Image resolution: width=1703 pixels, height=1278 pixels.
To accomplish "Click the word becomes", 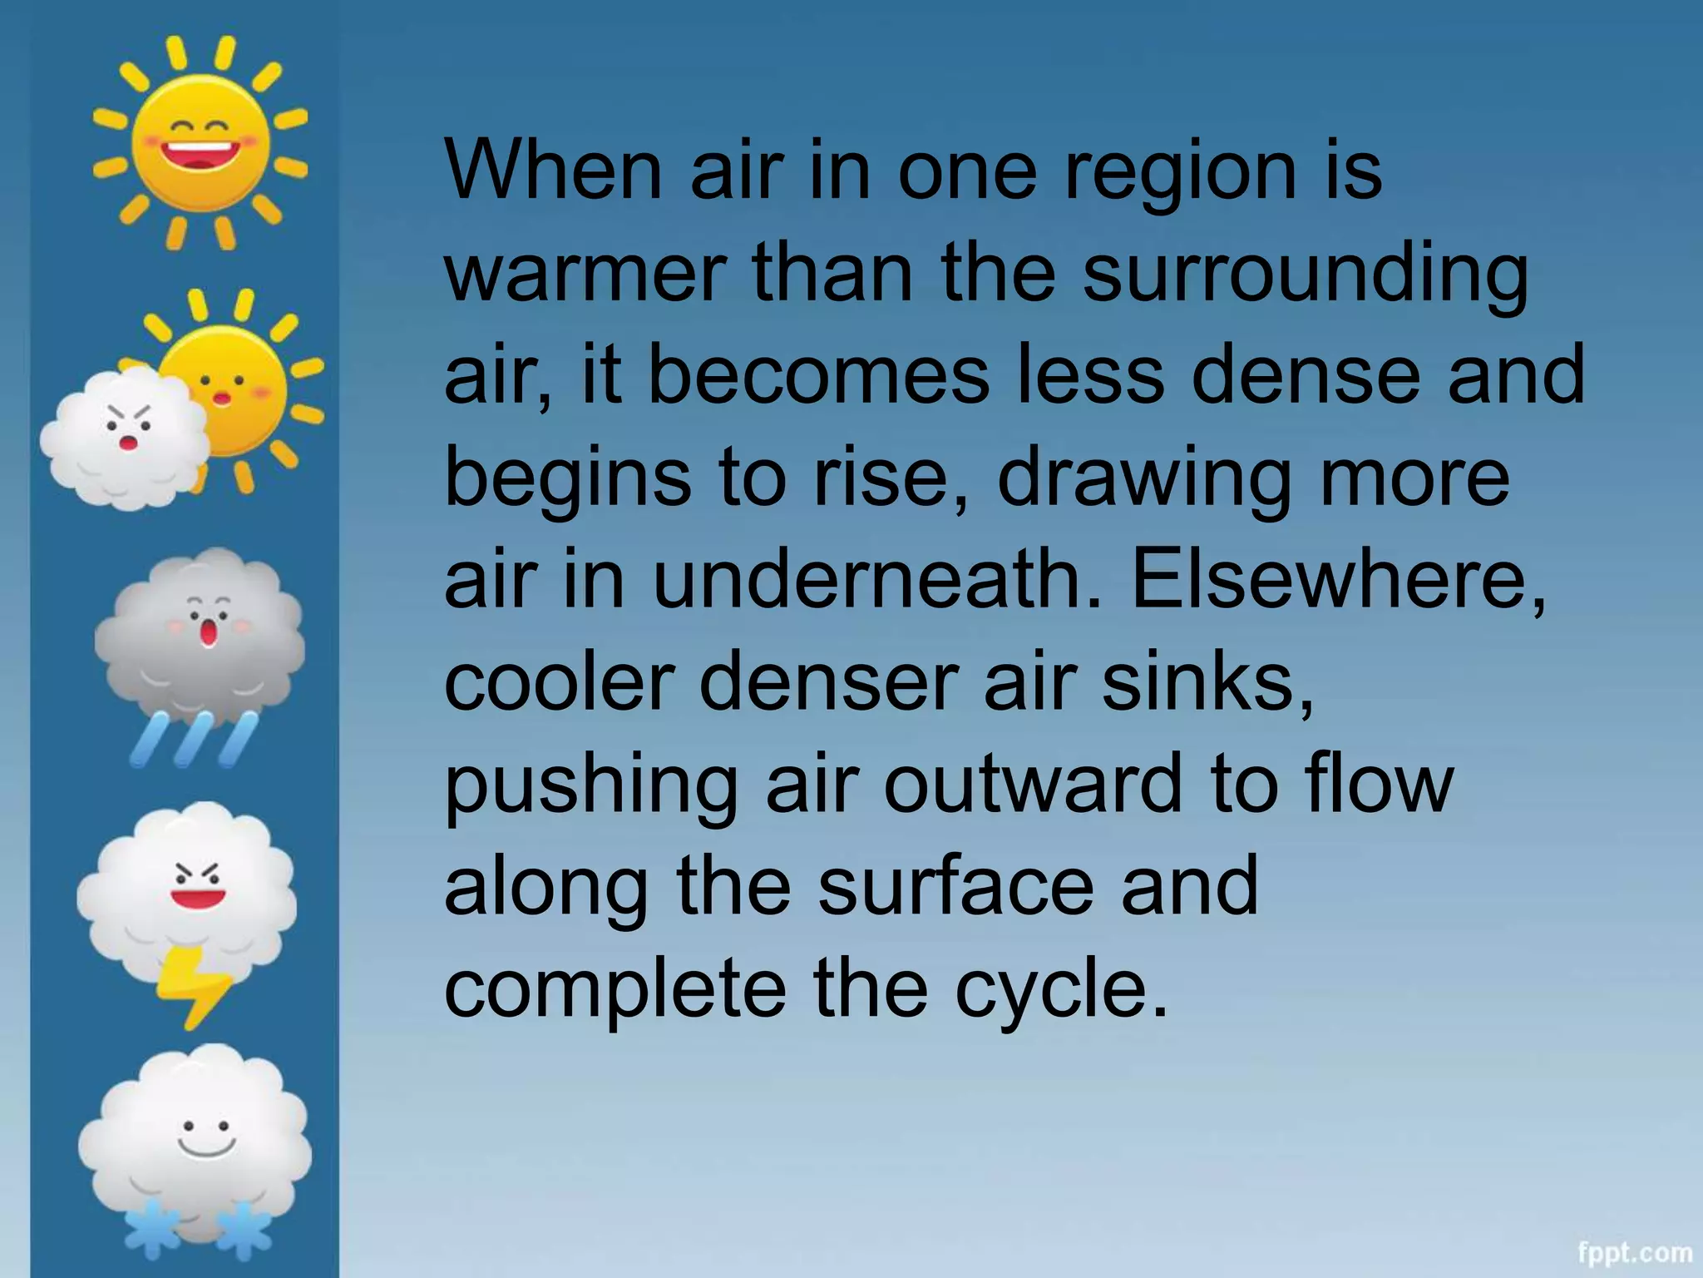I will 818,375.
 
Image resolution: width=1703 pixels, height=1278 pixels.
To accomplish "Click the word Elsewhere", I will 1338,580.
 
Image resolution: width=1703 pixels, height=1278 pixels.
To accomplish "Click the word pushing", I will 591,786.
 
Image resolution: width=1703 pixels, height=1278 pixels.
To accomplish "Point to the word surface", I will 956,887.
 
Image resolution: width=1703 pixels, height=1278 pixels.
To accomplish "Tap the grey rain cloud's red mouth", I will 208,634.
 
